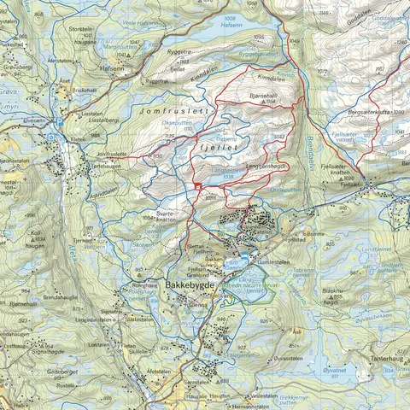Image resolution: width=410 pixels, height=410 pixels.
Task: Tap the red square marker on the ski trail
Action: pos(197,185)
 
